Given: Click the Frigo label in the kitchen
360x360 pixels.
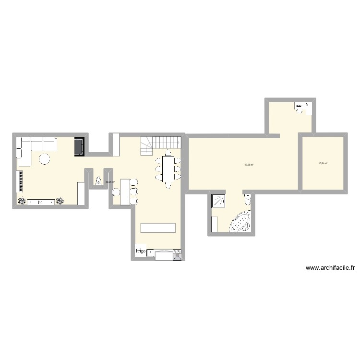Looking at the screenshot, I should point(140,251).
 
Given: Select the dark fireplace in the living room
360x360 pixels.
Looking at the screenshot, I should point(79,146).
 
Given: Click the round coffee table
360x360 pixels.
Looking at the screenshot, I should point(45,159).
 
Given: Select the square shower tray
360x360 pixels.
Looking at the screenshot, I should point(219,200).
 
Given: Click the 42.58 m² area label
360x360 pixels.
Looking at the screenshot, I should point(249,165).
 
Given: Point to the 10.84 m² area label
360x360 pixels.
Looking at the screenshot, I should point(323,163).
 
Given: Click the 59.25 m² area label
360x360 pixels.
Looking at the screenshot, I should point(110,182).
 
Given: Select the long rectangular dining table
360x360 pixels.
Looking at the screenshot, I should point(168,170).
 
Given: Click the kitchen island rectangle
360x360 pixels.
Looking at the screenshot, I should point(157,228).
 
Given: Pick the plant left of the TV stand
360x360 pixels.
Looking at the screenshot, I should point(22,202).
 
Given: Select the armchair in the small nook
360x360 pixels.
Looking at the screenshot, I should point(99,180).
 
